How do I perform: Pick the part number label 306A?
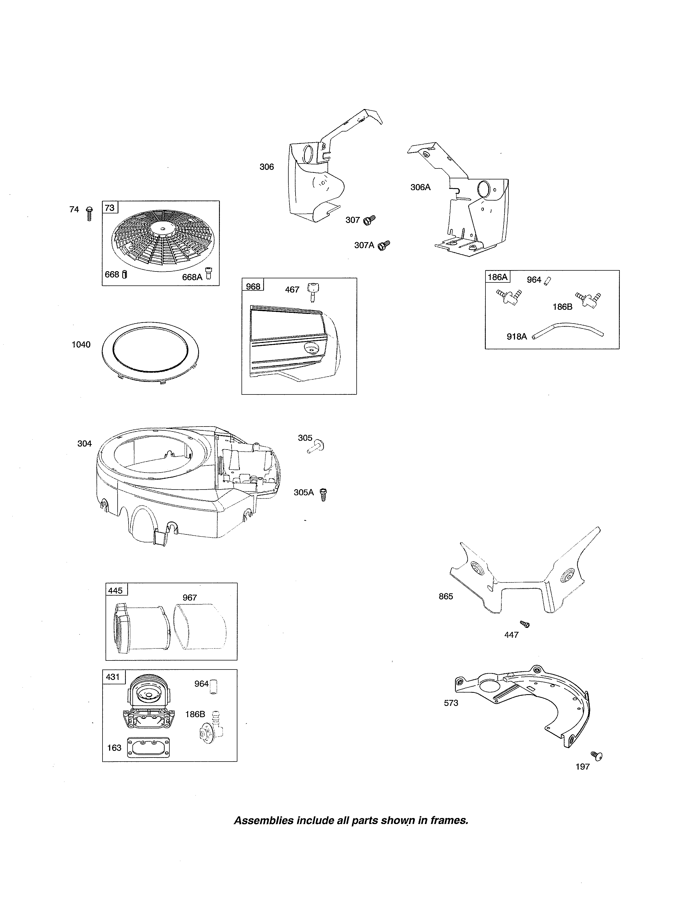420,187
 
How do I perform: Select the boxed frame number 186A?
497,277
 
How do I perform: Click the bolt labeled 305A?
324,495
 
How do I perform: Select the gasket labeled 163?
149,748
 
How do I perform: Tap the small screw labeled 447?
525,624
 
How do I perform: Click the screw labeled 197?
597,756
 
